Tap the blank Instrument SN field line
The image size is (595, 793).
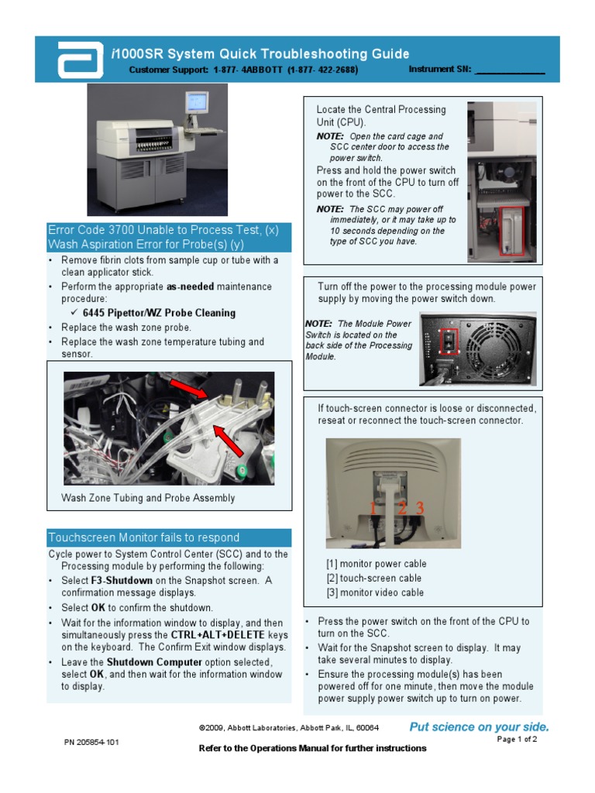click(x=509, y=71)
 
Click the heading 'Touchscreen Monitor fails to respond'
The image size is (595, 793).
click(x=144, y=537)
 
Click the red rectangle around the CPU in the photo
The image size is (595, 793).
click(x=512, y=231)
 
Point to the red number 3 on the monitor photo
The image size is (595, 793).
click(x=420, y=509)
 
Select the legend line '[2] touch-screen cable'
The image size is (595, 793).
click(x=373, y=578)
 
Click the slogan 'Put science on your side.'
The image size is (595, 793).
click(x=479, y=726)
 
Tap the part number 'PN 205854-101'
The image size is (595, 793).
click(x=91, y=742)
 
